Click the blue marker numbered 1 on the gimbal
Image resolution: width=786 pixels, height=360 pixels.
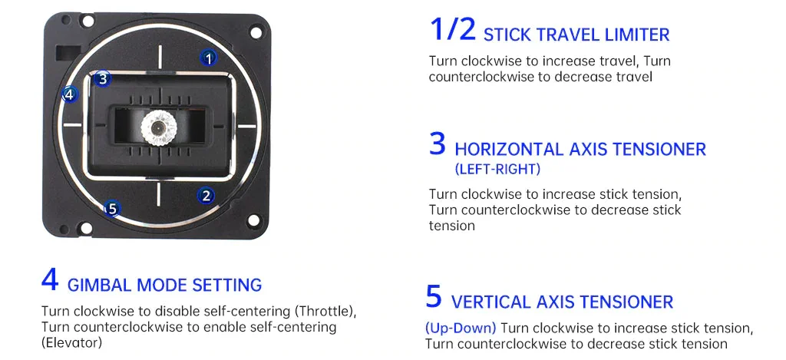pos(209,57)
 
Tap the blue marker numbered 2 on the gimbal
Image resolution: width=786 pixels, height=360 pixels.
pos(206,196)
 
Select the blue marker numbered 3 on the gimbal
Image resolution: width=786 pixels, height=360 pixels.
pos(104,78)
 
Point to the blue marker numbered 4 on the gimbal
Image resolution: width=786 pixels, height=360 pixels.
pos(70,95)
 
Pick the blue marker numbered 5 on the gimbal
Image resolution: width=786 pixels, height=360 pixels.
pos(112,209)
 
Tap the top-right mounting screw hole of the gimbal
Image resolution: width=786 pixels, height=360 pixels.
pos(255,33)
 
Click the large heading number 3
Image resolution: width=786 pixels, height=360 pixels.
pos(438,144)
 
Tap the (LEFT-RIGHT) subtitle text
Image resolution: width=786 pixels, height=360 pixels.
pos(497,169)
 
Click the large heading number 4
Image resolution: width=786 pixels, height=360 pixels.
pos(50,279)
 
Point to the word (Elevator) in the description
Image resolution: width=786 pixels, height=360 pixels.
pos(71,342)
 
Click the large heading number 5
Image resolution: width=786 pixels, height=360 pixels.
pos(434,296)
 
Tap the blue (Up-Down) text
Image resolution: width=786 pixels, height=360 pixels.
pos(461,329)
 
